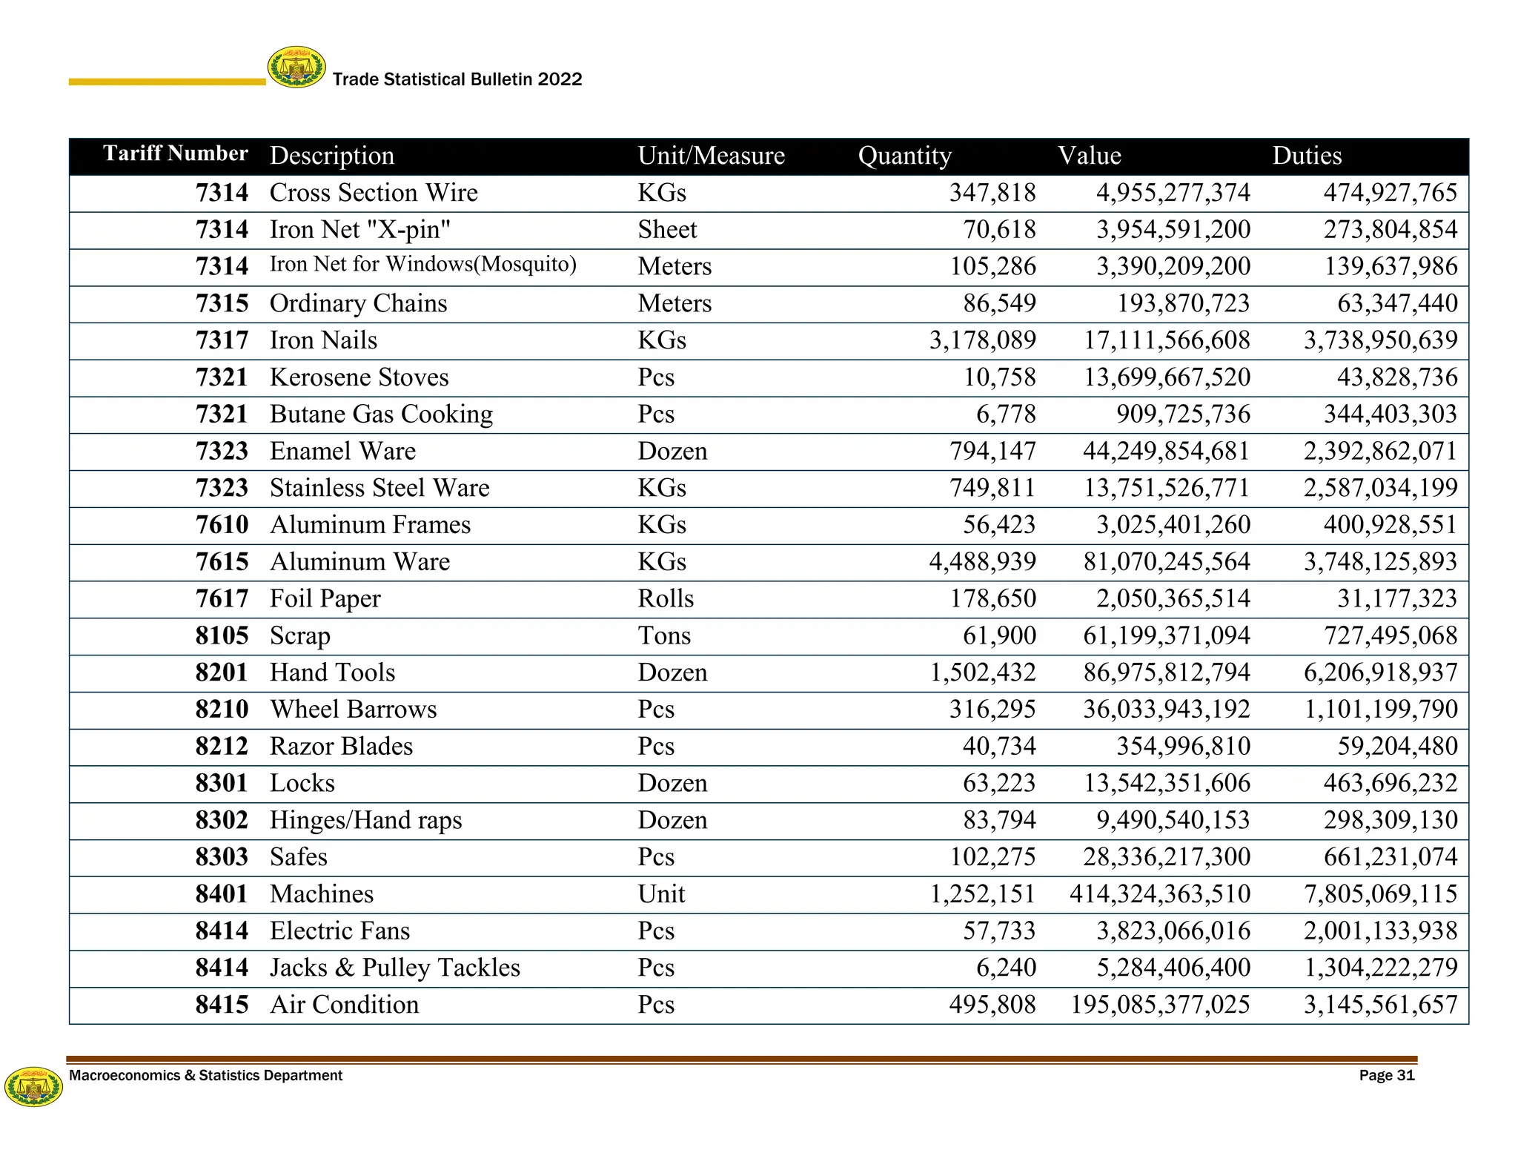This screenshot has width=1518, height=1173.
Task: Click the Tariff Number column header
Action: point(175,153)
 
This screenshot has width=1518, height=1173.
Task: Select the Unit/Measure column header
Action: point(711,156)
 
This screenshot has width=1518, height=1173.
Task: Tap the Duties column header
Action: point(1307,156)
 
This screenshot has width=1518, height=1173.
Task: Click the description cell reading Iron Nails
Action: point(323,340)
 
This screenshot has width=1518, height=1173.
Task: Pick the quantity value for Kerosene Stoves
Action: point(999,377)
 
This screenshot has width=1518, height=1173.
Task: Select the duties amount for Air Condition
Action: point(1380,1005)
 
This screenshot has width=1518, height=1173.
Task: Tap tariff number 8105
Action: point(222,636)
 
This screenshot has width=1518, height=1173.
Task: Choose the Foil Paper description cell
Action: point(325,599)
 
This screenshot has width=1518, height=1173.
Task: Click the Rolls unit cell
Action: point(666,599)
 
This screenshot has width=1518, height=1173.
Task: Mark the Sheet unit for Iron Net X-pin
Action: point(667,230)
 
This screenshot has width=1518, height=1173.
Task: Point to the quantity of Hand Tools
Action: point(983,673)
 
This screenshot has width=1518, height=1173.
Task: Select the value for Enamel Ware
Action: point(1166,452)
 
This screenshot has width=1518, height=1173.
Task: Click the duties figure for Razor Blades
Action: point(1397,747)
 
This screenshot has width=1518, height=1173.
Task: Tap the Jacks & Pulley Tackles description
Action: point(394,968)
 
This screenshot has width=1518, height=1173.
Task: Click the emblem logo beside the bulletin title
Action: point(296,67)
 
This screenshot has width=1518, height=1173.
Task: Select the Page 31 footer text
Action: point(1387,1076)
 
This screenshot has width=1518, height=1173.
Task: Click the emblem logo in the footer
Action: point(33,1087)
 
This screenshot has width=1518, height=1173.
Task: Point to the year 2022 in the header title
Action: point(560,79)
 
